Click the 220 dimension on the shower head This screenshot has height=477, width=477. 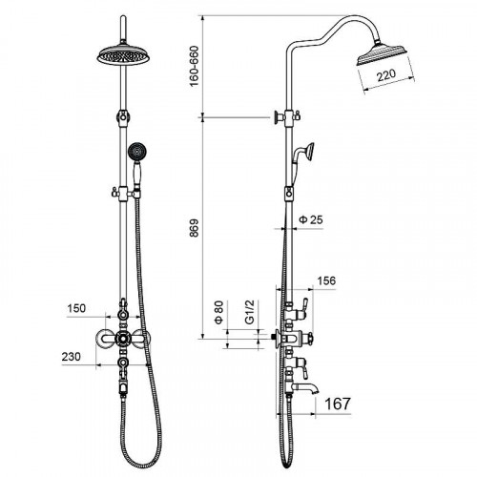tap(386, 75)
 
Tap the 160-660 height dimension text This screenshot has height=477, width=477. tap(194, 66)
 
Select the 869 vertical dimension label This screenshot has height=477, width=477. tap(194, 228)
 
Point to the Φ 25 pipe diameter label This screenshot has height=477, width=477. tap(311, 219)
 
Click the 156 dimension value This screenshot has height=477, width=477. tap(326, 280)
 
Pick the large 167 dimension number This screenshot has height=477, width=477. tap(338, 404)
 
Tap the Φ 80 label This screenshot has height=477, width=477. tap(219, 312)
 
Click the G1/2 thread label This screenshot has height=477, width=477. tap(250, 312)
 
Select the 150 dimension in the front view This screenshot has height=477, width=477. tap(76, 308)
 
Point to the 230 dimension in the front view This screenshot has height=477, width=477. tap(72, 357)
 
